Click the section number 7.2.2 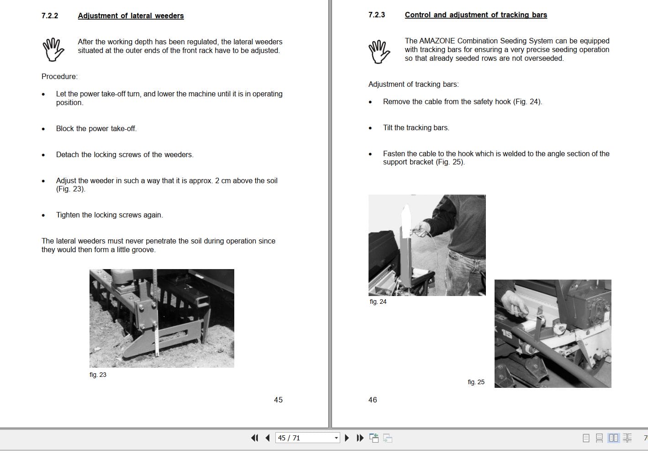49,16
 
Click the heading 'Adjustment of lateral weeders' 131,16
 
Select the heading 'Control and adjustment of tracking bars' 476,15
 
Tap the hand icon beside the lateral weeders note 53,49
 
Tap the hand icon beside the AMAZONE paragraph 379,52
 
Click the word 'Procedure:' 59,76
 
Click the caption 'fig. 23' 98,375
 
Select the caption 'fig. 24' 378,302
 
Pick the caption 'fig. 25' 476,382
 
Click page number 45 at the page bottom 278,400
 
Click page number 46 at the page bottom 373,400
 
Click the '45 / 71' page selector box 307,438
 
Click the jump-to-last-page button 360,438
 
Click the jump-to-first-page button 254,438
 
